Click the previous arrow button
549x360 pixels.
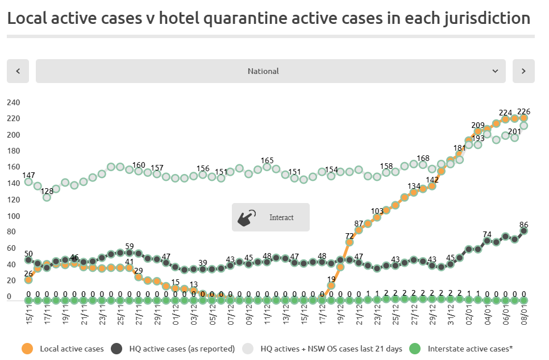[18, 71]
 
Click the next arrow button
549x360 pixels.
[523, 71]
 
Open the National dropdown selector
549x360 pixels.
[271, 71]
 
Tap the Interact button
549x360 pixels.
[271, 217]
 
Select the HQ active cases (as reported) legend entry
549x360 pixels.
[181, 349]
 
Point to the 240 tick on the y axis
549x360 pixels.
[13, 102]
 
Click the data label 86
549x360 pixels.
[523, 225]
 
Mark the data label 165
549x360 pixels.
[267, 160]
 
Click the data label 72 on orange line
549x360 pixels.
[349, 236]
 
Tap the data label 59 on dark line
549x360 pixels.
[130, 247]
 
